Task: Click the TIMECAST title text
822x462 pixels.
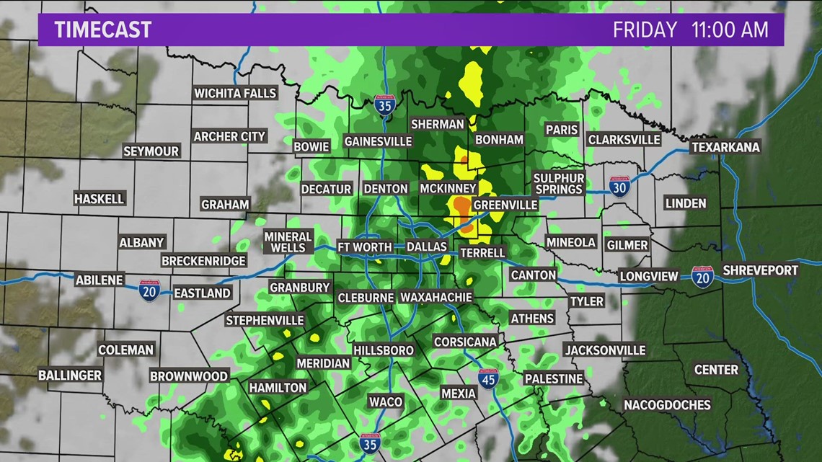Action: (103, 30)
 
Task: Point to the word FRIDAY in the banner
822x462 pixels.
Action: (645, 30)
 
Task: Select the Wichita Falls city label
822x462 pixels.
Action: (235, 93)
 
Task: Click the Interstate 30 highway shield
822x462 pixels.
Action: (619, 187)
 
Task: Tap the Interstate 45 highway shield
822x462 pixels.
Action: (488, 378)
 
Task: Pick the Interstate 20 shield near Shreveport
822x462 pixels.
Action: (702, 276)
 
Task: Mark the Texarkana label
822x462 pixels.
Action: (725, 147)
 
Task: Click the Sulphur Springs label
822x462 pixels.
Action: (558, 184)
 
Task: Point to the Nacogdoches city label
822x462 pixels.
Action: (667, 404)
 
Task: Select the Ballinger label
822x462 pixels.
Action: (70, 376)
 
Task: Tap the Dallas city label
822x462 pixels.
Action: (427, 246)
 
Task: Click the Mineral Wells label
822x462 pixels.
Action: (288, 242)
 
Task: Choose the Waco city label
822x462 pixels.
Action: (385, 401)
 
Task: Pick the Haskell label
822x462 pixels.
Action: (100, 198)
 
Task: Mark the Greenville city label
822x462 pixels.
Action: (505, 205)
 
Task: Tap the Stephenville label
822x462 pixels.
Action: (265, 320)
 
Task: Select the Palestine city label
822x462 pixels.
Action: (553, 378)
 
